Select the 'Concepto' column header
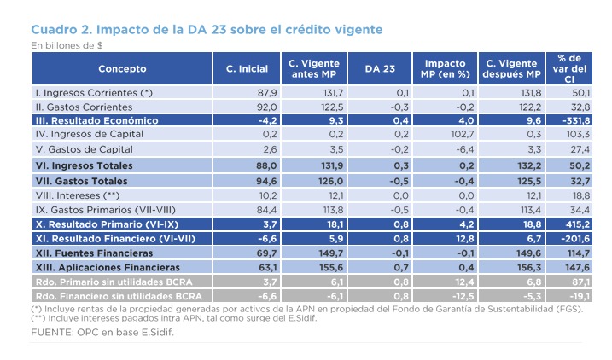tap(122, 69)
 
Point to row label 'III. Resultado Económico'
tap(95, 121)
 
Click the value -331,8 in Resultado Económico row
tap(573, 121)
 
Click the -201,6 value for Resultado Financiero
tap(573, 239)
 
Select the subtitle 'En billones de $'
tap(67, 44)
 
